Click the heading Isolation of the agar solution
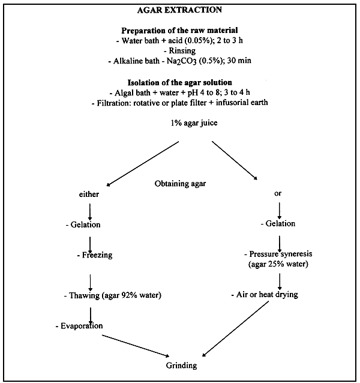pyautogui.click(x=179, y=82)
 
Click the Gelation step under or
pyautogui.click(x=278, y=223)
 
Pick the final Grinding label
pyautogui.click(x=179, y=364)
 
